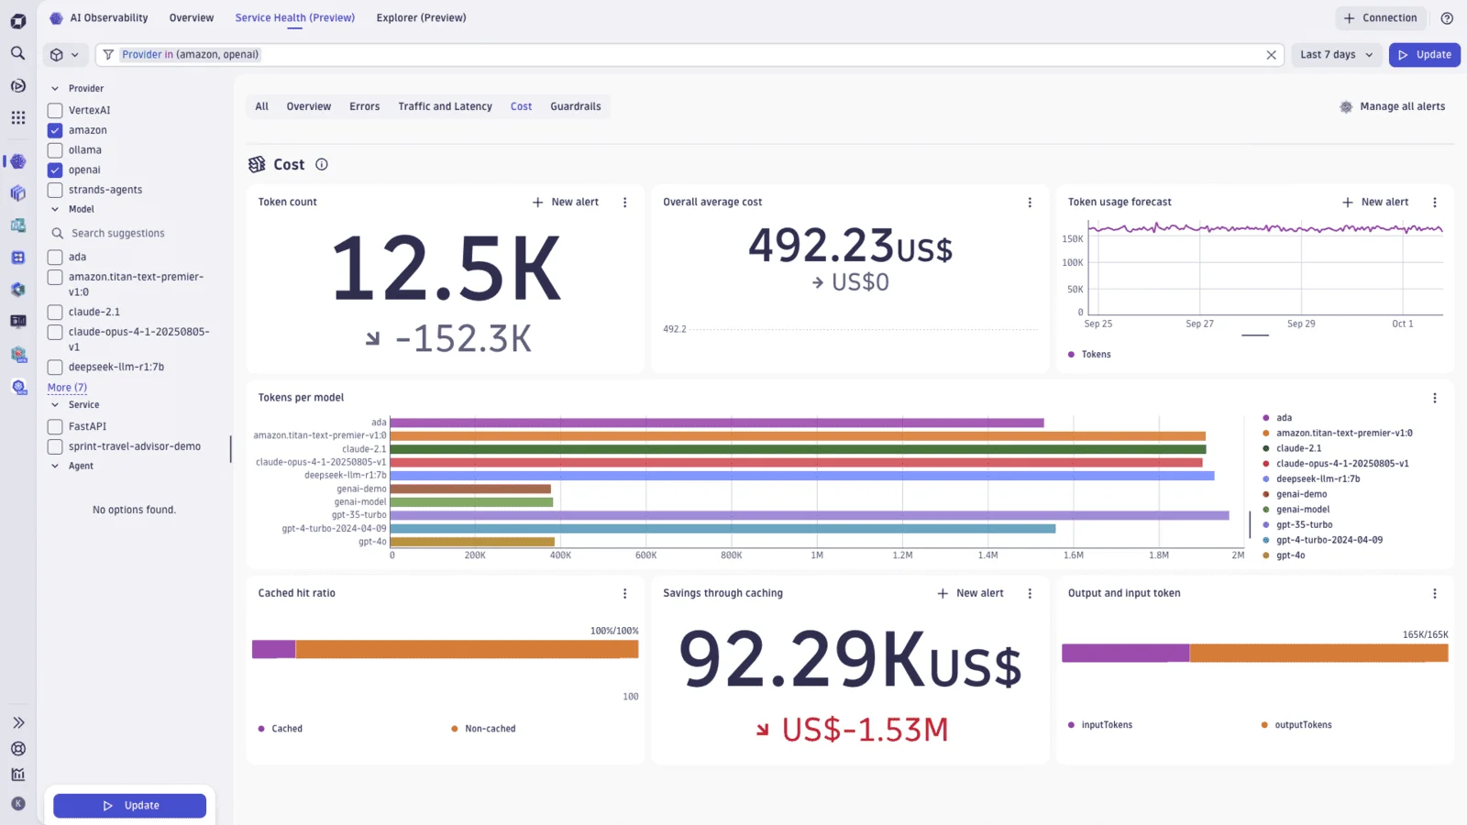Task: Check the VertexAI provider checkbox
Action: point(55,110)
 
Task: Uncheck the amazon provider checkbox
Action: point(55,130)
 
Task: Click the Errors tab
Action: point(364,106)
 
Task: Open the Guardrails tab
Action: point(575,106)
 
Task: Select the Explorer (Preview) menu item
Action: point(421,17)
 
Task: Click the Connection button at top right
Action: point(1380,17)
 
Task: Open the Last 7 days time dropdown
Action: point(1336,54)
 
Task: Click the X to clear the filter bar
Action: point(1271,55)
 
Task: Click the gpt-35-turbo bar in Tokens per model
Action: point(807,515)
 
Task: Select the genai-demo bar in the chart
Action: point(469,489)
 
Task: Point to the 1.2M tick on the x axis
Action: point(902,555)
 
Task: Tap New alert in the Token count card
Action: point(566,202)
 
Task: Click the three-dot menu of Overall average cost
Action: point(1030,203)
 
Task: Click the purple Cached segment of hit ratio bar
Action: point(273,649)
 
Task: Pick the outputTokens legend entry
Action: point(1302,725)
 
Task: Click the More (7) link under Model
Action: point(67,388)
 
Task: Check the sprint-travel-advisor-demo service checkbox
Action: point(55,446)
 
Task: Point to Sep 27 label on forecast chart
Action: point(1199,324)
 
